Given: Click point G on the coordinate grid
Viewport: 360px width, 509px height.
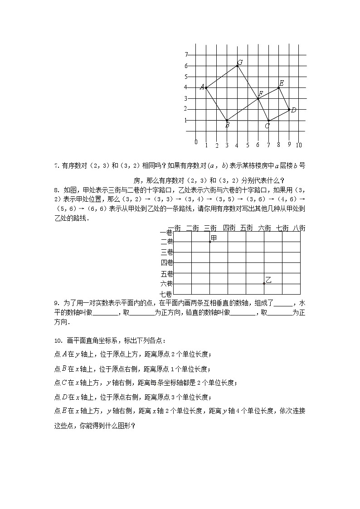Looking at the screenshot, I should coord(240,63).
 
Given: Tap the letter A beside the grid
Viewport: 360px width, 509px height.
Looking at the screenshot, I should coord(202,87).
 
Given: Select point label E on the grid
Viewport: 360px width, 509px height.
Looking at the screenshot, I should coord(281,83).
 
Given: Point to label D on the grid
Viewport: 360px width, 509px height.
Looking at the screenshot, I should coord(293,110).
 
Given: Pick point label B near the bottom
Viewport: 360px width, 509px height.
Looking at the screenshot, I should coord(227,126).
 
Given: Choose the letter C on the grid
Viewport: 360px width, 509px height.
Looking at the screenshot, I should coord(267,126).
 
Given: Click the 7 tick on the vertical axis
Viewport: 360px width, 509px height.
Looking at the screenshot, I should coord(186,54).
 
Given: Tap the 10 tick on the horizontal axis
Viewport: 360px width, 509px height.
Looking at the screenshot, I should coord(299,145).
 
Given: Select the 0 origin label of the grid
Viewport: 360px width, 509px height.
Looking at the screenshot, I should coord(196,142).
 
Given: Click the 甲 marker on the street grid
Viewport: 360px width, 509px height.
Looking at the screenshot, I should coord(214,238).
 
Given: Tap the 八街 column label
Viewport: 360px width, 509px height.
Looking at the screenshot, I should coord(299,228).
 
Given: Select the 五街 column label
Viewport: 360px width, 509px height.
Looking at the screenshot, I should coord(246,228).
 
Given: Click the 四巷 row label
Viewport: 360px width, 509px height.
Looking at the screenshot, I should coord(167,262).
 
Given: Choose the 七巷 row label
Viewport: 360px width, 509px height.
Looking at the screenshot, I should coord(167,294).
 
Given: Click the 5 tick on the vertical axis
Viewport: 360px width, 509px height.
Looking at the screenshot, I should coord(186,76).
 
